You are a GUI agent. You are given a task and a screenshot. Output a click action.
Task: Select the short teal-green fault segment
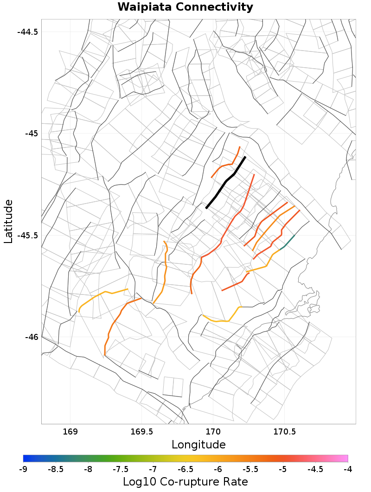tap(288, 242)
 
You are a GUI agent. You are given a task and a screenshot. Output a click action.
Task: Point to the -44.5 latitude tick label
tap(27, 32)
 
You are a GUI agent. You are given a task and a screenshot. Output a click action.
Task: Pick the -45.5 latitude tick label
tap(27, 235)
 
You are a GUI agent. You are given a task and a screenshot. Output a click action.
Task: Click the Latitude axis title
tap(8, 221)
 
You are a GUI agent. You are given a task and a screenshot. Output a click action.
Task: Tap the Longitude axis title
tap(198, 445)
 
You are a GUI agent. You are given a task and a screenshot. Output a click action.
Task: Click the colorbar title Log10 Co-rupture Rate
tap(185, 481)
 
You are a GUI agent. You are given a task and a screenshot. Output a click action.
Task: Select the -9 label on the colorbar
tap(23, 469)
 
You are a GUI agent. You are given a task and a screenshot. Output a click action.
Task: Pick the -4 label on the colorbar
tap(348, 469)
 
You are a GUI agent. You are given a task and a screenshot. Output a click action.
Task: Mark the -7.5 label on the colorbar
tap(121, 469)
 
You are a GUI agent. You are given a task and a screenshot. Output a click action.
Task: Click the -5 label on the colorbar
tap(283, 469)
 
